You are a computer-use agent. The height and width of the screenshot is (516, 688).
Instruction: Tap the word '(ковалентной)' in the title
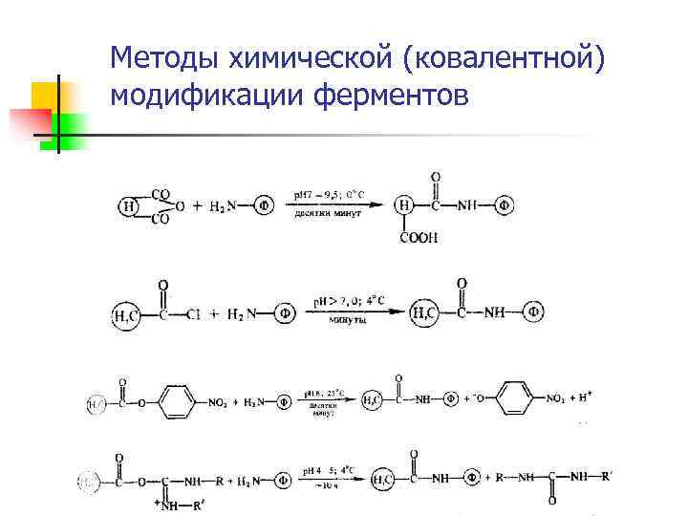pyautogui.click(x=505, y=59)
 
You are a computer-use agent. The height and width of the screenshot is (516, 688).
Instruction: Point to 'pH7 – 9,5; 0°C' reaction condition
pyautogui.click(x=328, y=195)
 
